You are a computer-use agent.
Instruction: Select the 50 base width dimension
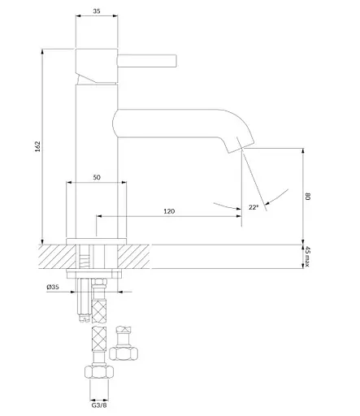[97, 177]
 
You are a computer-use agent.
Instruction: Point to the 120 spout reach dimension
[169, 210]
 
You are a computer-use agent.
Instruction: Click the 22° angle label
[254, 208]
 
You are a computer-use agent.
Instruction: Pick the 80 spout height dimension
[310, 195]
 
